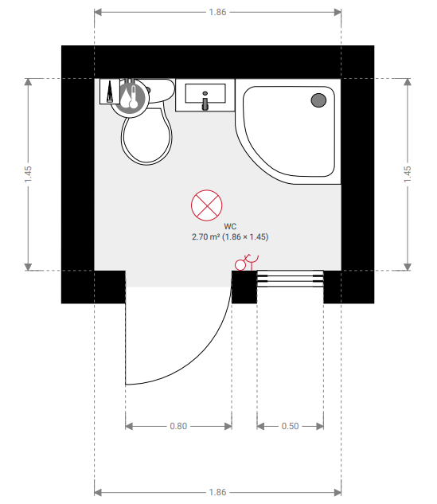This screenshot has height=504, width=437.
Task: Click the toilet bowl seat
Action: (146, 137)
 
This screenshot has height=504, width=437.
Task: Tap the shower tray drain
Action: (318, 100)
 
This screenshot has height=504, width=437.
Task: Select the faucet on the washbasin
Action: (205, 101)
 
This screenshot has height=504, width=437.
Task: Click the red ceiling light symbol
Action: (207, 205)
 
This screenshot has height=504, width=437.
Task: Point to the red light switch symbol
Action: (247, 262)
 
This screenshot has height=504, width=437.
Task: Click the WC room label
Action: (230, 227)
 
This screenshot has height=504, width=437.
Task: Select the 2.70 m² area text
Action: (205, 237)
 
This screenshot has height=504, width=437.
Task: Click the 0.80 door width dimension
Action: (178, 426)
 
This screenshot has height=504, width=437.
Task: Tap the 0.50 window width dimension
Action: (291, 426)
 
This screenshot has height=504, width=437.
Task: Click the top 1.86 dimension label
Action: (217, 12)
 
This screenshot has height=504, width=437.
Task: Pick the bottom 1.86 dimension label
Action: (217, 492)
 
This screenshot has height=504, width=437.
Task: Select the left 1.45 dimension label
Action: (28, 174)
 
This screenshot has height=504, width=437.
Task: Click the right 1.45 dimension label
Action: (408, 174)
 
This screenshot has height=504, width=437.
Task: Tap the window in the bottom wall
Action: (291, 279)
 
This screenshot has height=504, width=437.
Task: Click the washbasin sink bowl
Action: (205, 93)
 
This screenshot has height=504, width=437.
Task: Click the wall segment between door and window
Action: (244, 287)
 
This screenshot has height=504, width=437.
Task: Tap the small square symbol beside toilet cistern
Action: (110, 92)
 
